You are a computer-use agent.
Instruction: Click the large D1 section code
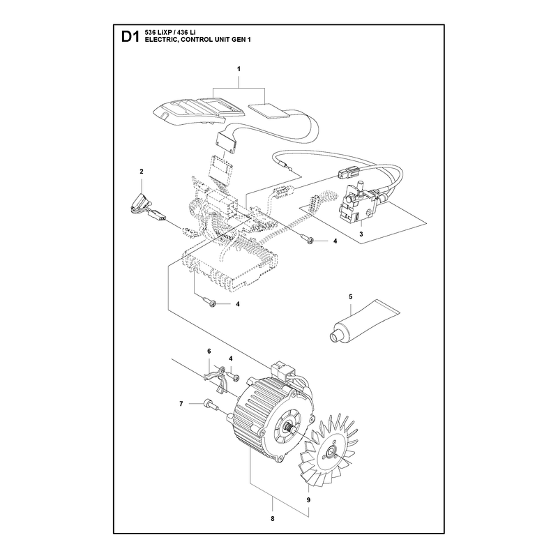(x=130, y=37)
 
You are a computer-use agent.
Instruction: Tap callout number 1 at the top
(x=239, y=69)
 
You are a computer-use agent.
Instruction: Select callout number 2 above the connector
(x=142, y=172)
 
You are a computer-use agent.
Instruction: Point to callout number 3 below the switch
(x=361, y=234)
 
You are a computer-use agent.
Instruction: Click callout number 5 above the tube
(x=351, y=297)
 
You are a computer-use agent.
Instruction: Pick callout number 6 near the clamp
(x=209, y=352)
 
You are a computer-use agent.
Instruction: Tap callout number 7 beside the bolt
(x=181, y=404)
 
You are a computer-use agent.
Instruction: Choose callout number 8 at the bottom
(x=273, y=519)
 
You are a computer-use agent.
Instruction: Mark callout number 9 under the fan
(x=308, y=500)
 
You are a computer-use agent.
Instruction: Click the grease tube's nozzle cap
(x=335, y=336)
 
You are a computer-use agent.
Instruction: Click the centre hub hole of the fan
(x=331, y=453)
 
